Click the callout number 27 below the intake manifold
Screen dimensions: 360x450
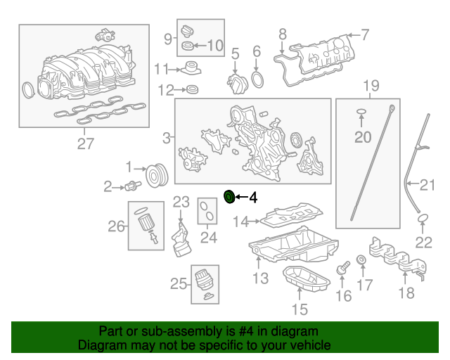click(x=84, y=144)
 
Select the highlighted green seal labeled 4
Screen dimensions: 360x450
click(x=229, y=197)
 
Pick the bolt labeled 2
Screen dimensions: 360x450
click(x=132, y=186)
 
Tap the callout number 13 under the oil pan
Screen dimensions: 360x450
click(x=260, y=279)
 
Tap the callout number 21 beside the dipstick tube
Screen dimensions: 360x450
click(x=428, y=186)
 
